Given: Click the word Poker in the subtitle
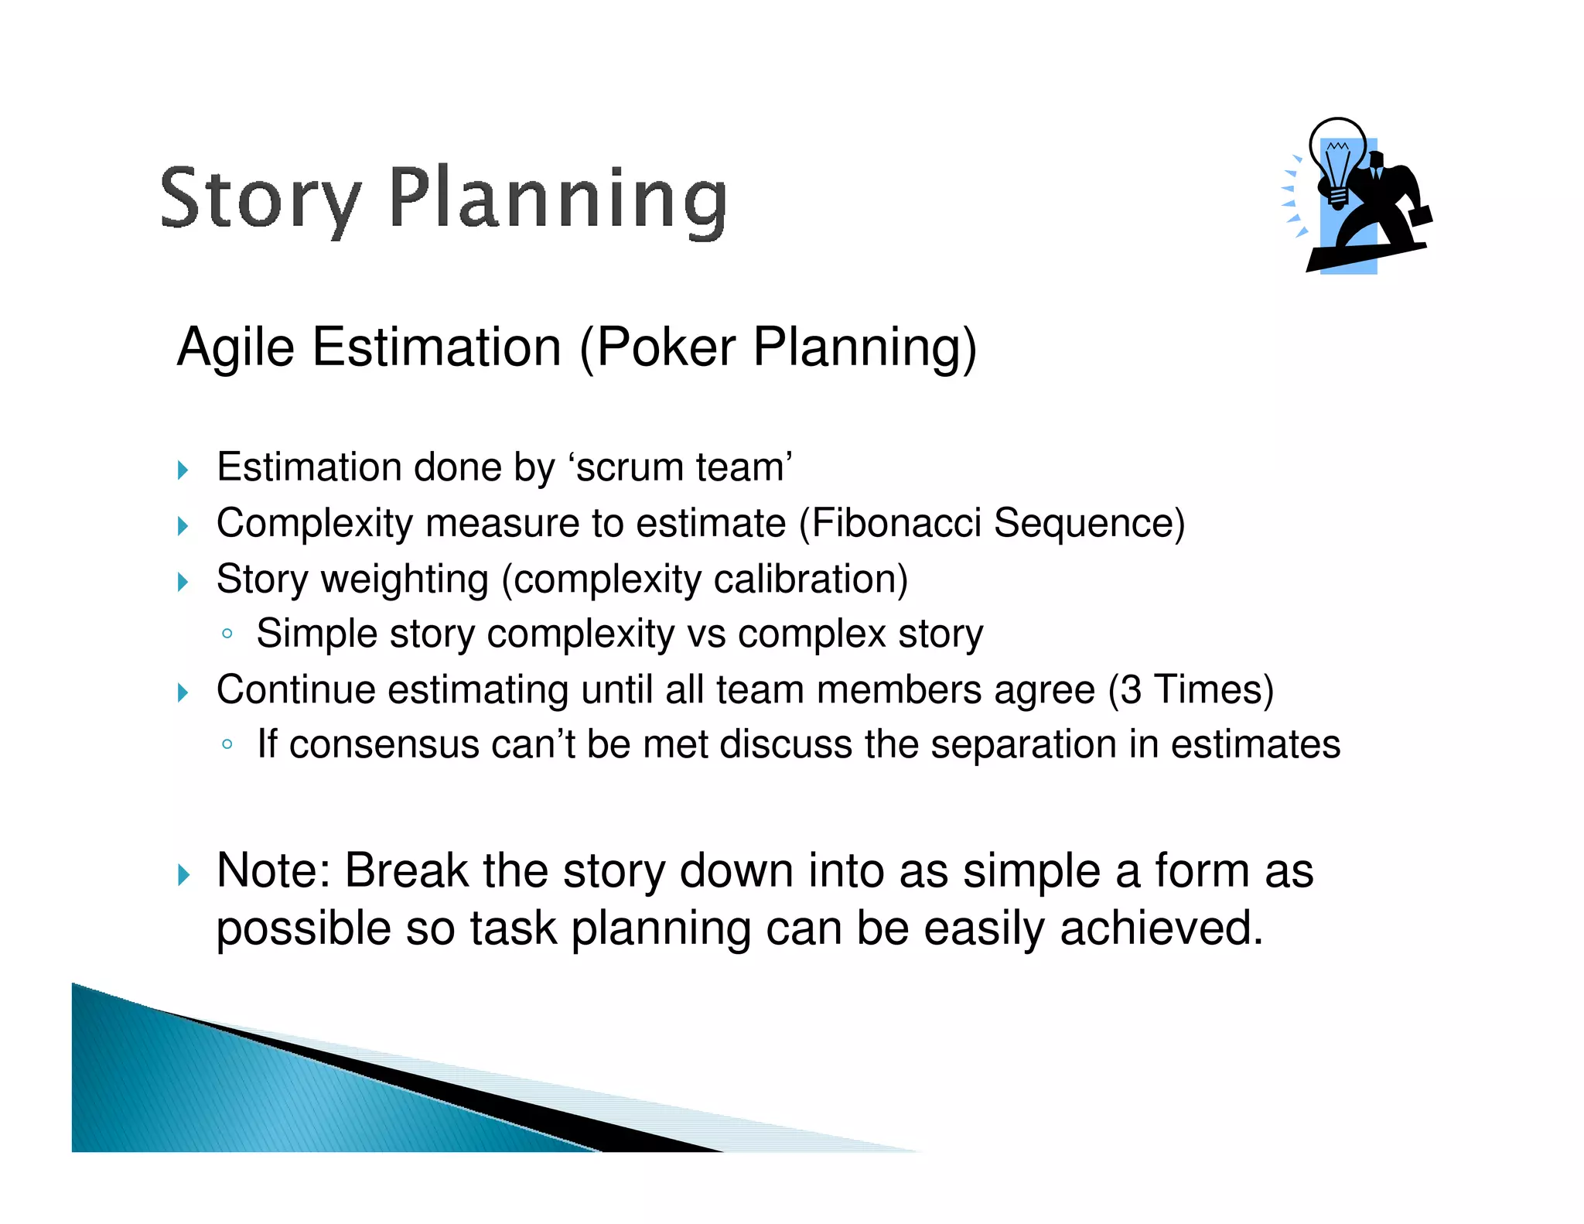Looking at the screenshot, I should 666,347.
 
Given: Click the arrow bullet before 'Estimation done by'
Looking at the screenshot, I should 183,470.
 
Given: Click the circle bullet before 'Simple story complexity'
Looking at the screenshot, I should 227,634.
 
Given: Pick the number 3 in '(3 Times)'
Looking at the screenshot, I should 1131,689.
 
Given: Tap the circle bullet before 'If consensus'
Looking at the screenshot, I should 227,745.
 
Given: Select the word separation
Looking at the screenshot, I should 1023,744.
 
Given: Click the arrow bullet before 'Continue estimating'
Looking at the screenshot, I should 183,692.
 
